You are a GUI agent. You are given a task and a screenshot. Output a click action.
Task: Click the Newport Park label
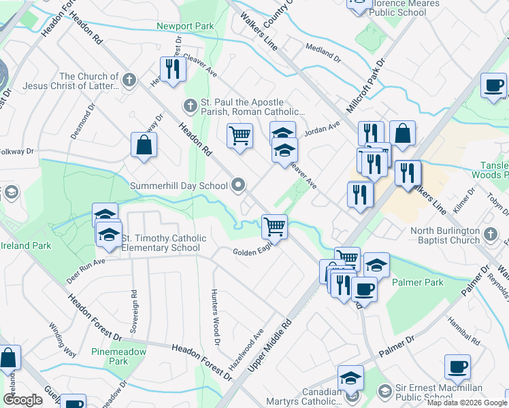[185, 27]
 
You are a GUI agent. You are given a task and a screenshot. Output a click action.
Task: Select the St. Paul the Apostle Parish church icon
[191, 105]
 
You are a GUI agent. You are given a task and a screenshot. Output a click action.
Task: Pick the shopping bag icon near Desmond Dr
[144, 144]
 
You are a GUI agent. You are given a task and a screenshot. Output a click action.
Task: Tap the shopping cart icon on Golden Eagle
[274, 226]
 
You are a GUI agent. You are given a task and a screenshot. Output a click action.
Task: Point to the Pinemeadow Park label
[109, 356]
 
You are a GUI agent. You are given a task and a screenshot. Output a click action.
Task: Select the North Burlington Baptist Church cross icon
[490, 235]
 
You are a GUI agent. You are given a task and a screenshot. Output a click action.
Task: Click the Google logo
[22, 400]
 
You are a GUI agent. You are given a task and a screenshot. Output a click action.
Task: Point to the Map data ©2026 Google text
[466, 403]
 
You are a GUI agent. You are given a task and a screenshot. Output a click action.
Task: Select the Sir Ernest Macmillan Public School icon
[385, 392]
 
